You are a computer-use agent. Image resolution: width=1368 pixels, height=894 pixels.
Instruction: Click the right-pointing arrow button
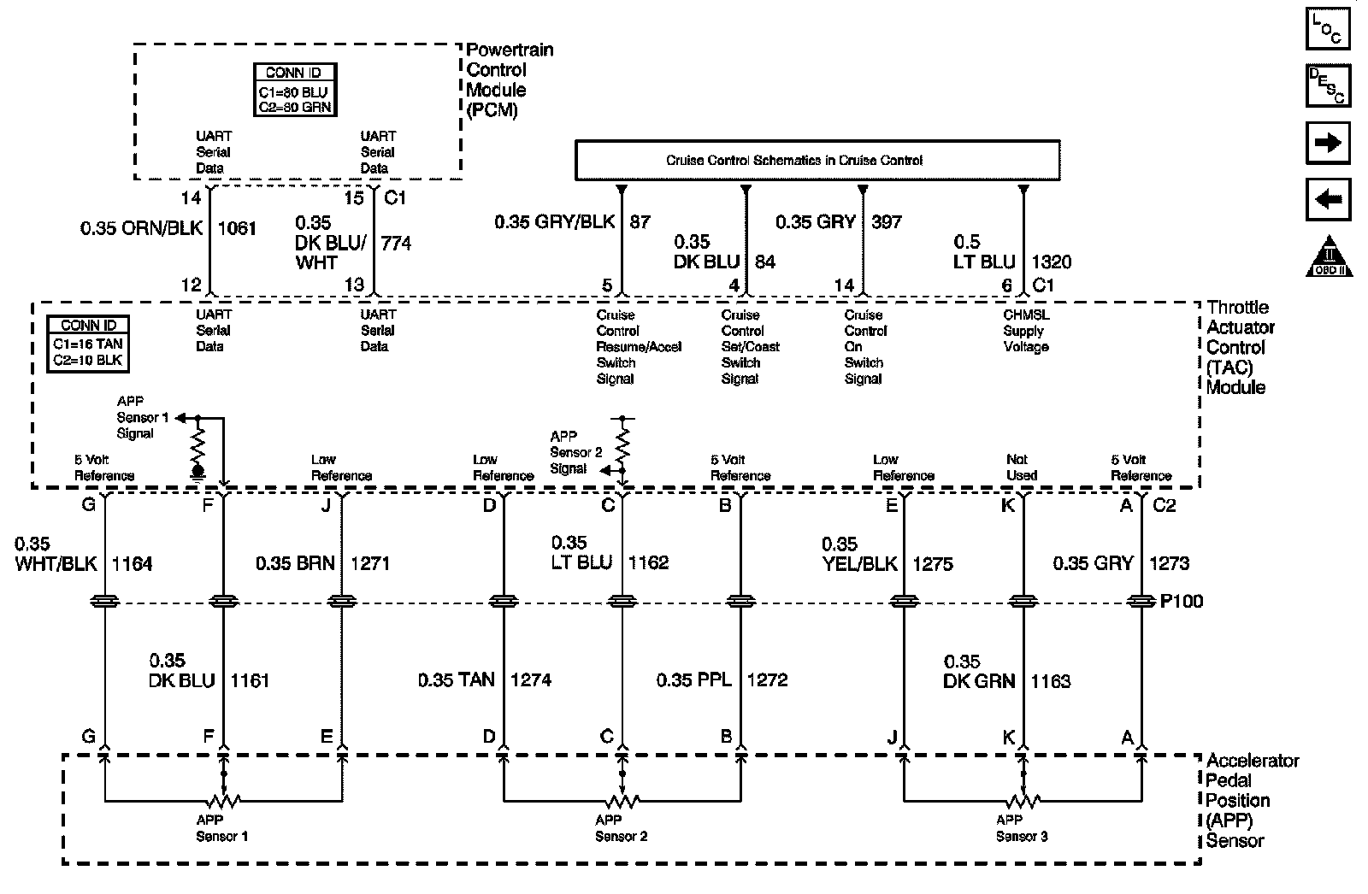pos(1328,143)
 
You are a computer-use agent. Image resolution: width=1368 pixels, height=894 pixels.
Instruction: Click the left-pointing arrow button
pos(1328,200)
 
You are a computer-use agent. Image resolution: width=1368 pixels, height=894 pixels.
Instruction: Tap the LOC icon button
pos(1328,28)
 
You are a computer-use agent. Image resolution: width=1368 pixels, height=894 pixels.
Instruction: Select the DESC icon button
pos(1328,85)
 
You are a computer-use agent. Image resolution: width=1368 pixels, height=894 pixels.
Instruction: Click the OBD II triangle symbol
pos(1328,256)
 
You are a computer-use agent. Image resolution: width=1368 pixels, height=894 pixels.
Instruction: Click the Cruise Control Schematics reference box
pos(817,160)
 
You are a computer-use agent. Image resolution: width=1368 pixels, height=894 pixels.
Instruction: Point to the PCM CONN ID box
pos(294,90)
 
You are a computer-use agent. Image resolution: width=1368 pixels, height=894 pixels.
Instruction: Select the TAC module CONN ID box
pos(88,344)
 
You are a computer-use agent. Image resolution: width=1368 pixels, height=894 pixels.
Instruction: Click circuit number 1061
pos(237,229)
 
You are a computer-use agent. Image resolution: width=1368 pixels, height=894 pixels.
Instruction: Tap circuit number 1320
pos(1052,262)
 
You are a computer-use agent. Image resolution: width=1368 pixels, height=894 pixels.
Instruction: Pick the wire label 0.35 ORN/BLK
pos(142,229)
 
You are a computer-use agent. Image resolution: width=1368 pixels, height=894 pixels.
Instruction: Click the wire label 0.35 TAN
pos(457,680)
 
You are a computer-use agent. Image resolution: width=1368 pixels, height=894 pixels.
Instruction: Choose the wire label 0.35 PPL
pos(694,680)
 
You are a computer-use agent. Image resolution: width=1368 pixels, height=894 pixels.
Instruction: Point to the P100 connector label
pos(1181,602)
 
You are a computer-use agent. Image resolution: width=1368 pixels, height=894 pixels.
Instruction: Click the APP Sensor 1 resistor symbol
pos(223,801)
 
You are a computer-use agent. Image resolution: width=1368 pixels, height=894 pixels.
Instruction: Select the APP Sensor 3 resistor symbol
pos(1023,801)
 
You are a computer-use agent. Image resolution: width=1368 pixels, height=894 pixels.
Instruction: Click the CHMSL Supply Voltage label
pos(1026,331)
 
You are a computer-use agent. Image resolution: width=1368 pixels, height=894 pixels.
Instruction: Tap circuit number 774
pos(396,244)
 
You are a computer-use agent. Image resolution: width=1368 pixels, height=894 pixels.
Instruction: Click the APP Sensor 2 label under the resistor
pos(622,828)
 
